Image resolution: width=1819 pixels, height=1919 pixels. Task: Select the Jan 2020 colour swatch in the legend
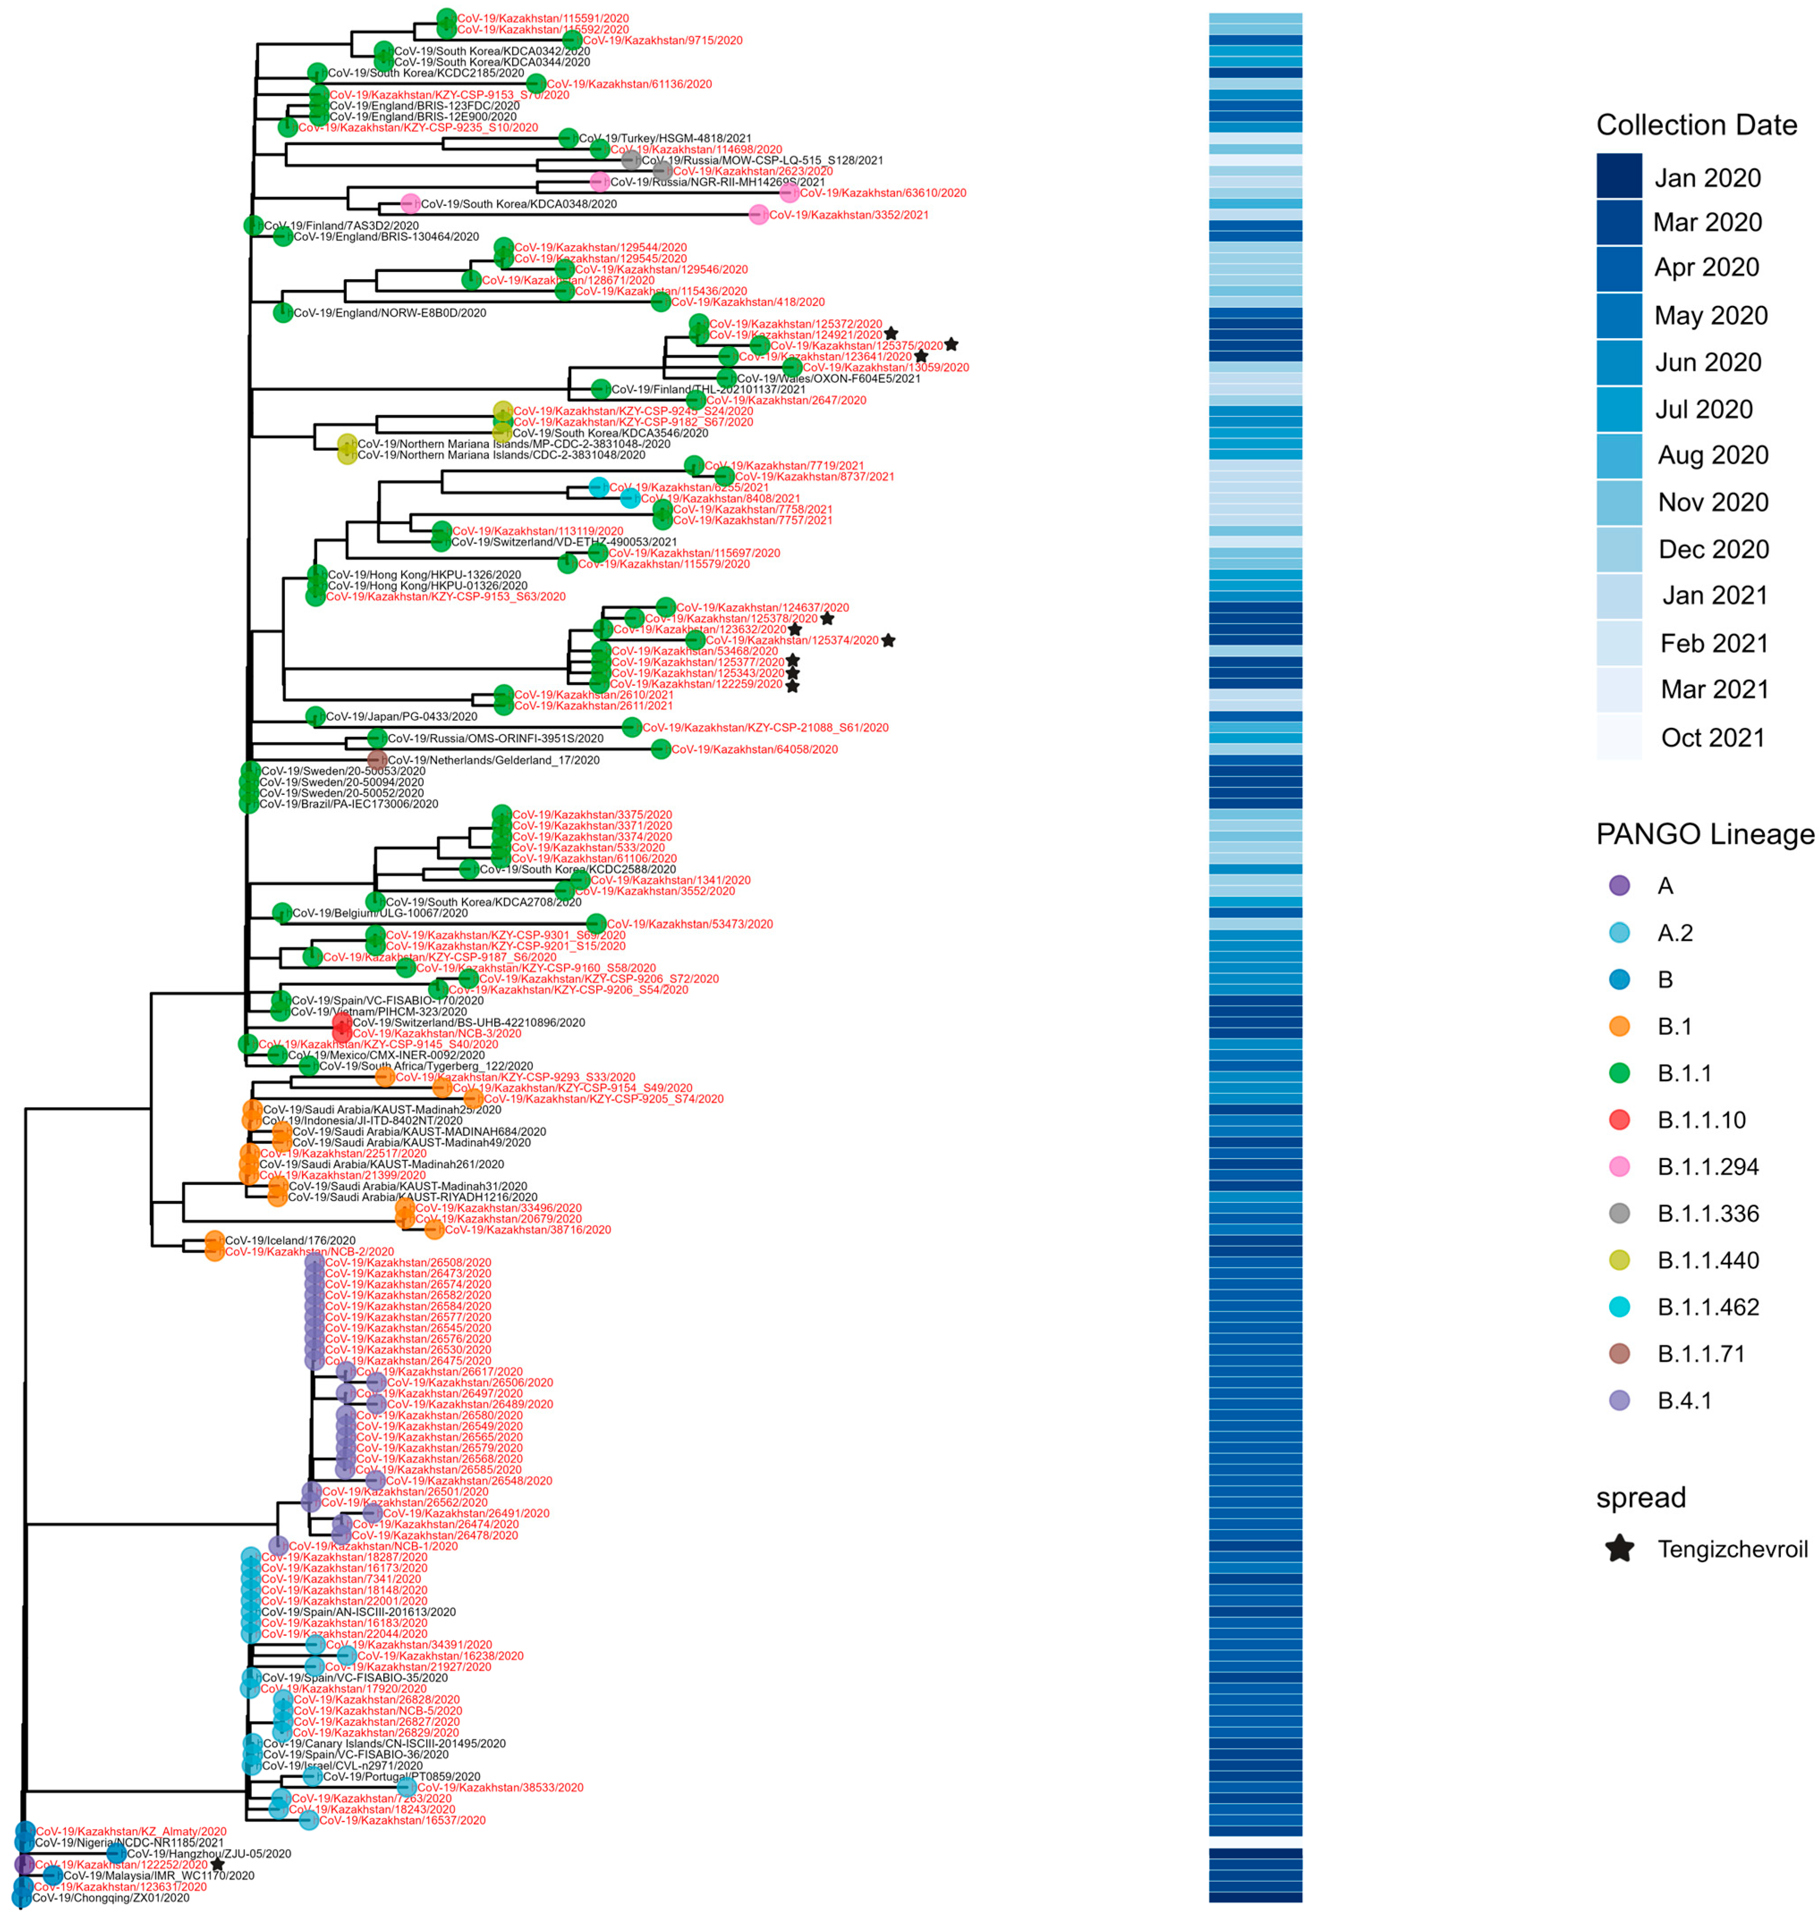pos(1619,177)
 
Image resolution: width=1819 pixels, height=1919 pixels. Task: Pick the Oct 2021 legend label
pos(1713,738)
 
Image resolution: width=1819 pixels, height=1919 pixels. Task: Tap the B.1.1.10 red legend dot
pos(1619,1120)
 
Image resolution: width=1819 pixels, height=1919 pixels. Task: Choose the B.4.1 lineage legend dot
pos(1619,1400)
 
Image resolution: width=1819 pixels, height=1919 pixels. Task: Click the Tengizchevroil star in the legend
pos(1619,1549)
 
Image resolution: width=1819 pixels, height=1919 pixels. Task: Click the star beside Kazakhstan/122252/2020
pos(217,1864)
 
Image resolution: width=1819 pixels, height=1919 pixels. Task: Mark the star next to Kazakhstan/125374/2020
pos(888,640)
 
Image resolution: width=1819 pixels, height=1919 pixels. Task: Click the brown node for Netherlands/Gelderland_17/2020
pos(377,760)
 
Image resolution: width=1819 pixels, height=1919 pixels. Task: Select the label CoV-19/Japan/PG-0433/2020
pos(402,717)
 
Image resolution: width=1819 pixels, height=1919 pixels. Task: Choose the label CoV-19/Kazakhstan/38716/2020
pos(527,1230)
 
